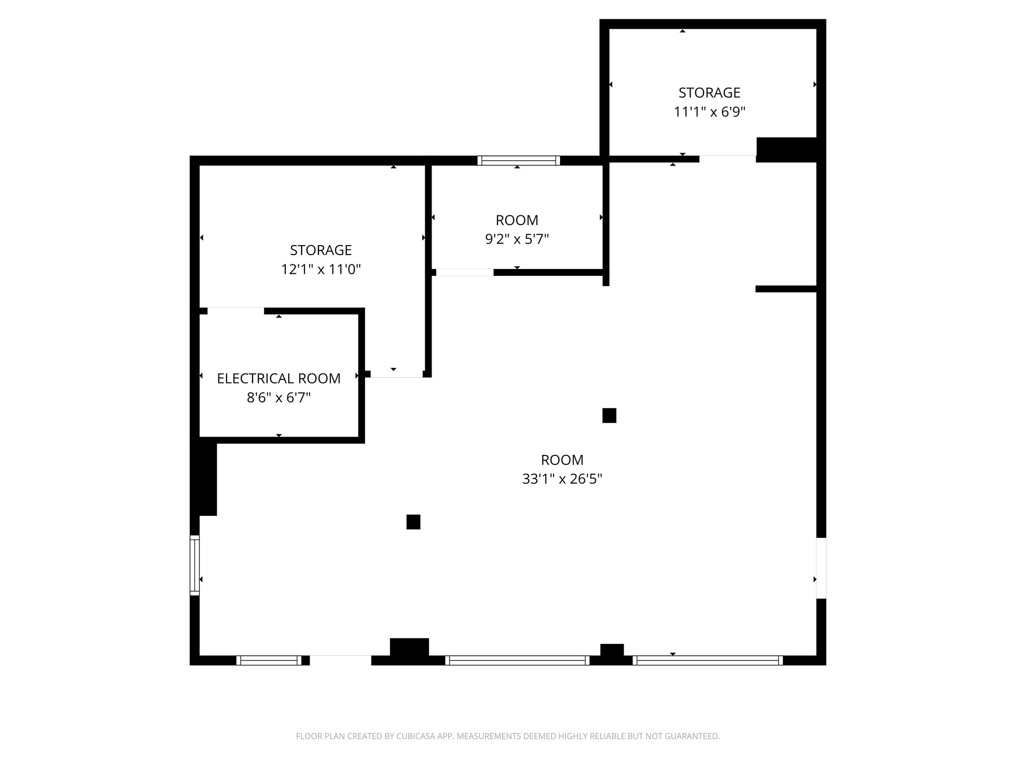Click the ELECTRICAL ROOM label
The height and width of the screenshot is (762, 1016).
click(278, 379)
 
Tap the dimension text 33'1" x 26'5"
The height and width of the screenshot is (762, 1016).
click(562, 479)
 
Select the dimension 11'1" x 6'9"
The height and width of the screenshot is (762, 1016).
click(709, 112)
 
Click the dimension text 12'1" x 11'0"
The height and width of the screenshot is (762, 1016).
click(320, 269)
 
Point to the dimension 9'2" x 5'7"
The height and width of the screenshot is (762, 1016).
click(516, 240)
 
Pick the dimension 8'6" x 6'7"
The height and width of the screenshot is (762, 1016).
click(278, 398)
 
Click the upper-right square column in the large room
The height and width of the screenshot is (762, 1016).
click(609, 415)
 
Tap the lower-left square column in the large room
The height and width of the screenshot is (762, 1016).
click(413, 522)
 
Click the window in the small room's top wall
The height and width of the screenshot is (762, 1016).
click(518, 160)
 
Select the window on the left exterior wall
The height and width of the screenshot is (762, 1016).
click(194, 565)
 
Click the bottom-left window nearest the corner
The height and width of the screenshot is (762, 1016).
click(268, 660)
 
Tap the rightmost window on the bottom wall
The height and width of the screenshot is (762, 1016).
click(707, 660)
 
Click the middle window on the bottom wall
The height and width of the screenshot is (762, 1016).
click(517, 660)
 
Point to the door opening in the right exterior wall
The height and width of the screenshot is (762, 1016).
click(821, 568)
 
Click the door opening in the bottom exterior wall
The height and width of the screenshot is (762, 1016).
click(340, 660)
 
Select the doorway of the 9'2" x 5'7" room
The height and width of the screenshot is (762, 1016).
click(464, 272)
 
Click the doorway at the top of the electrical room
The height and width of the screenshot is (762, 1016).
click(236, 311)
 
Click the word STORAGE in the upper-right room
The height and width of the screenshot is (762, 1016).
click(709, 93)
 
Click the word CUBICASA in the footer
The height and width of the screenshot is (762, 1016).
click(415, 736)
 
